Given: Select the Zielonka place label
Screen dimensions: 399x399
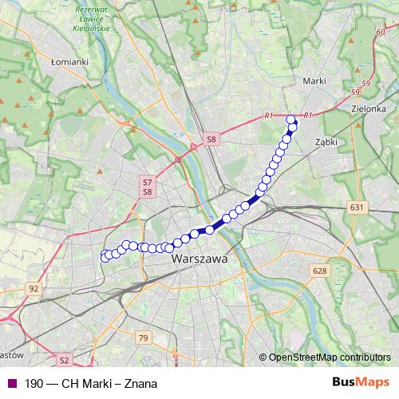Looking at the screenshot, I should click(369, 107).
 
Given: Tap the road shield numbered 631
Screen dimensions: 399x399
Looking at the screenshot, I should click(357, 207).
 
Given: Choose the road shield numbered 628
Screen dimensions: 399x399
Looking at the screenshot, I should click(320, 271).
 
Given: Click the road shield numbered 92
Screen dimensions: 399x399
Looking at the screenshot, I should click(33, 288).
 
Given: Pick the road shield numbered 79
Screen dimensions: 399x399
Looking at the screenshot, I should click(143, 339).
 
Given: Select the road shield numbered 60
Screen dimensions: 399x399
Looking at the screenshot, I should click(378, 32).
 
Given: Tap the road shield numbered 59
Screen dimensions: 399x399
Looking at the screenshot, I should click(365, 82).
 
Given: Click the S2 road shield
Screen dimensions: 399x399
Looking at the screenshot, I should click(65, 360).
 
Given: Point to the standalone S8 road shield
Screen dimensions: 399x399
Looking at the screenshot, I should click(211, 139).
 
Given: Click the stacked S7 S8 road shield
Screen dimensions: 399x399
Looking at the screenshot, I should click(147, 187).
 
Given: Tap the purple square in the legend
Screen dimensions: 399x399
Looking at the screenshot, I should click(10, 383).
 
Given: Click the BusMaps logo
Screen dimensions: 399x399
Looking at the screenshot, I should click(361, 383).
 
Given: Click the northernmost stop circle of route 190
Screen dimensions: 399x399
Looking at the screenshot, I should click(290, 120).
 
